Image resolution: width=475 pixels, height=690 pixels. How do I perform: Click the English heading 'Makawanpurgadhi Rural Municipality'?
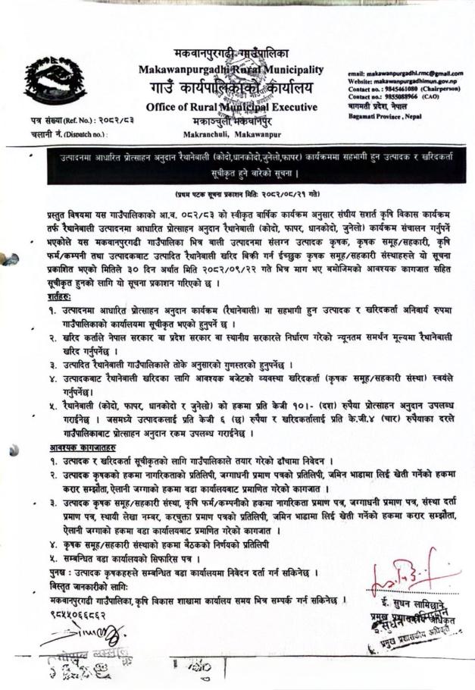tap(231, 70)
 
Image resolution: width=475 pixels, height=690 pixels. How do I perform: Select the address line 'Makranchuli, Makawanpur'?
tap(231, 133)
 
